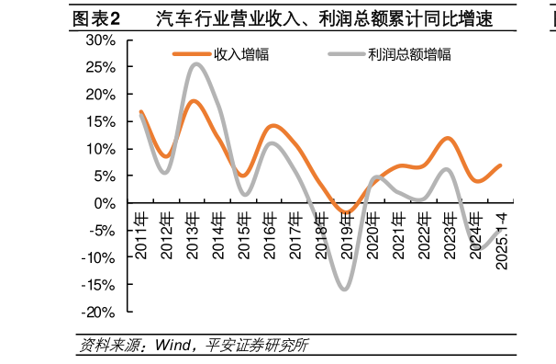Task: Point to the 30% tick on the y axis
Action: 100,40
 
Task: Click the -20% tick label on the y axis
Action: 97,313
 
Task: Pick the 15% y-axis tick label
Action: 100,122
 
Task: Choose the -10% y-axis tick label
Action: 97,258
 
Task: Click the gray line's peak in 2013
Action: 196,64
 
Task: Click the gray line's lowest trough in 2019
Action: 345,290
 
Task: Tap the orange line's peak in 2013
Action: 194,101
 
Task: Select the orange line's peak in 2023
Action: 448,138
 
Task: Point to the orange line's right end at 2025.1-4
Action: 500,165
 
